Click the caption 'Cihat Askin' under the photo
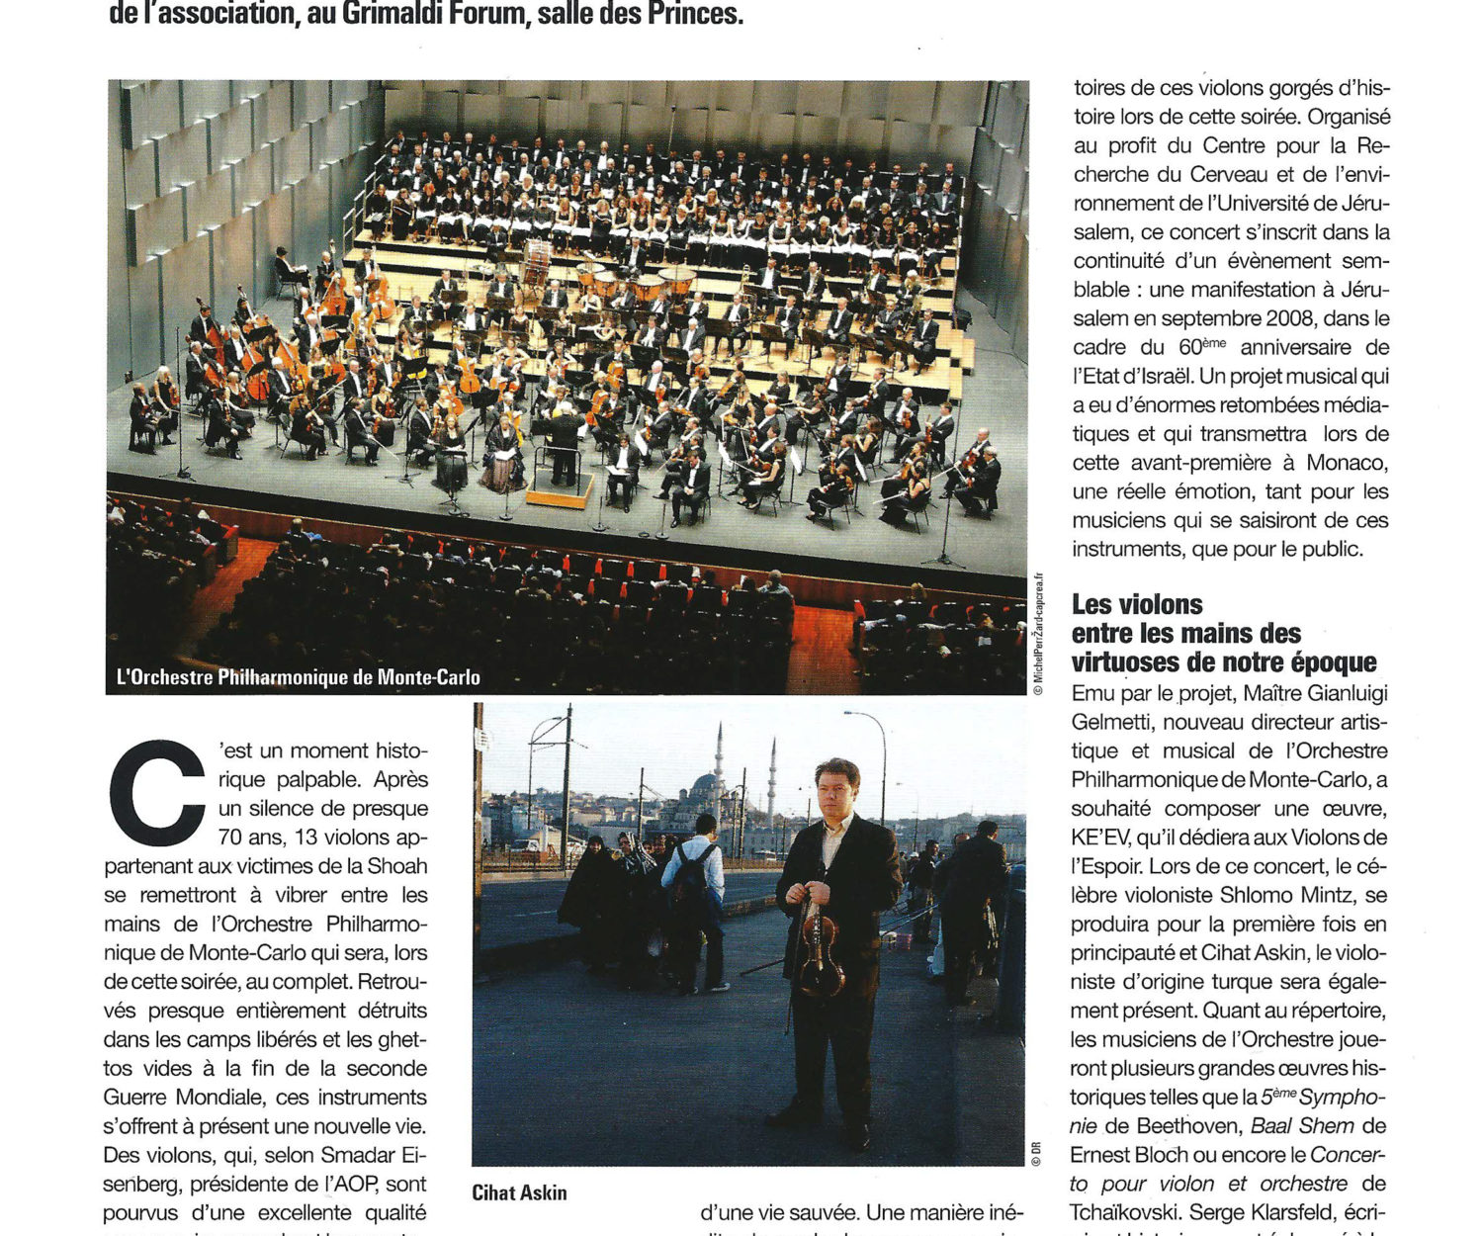tap(519, 1192)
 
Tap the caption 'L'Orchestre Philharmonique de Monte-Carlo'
tap(299, 677)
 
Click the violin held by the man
tap(820, 949)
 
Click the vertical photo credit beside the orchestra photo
tap(1037, 633)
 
